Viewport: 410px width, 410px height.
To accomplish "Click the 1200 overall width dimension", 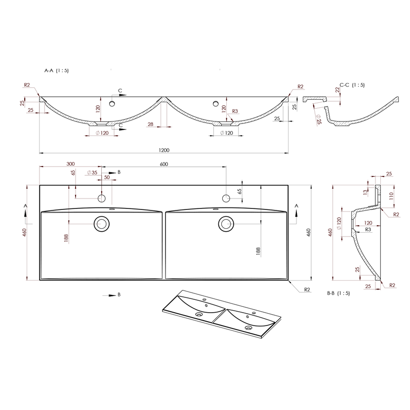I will click(x=164, y=150).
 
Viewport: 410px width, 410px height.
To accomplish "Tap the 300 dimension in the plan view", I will click(x=71, y=164).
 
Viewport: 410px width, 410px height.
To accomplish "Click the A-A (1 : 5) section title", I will click(x=57, y=71).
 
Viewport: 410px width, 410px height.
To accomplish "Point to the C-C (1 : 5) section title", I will click(x=352, y=85).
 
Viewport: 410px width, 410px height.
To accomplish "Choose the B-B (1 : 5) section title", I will click(x=338, y=293).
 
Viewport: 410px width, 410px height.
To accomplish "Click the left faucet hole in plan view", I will click(x=102, y=199).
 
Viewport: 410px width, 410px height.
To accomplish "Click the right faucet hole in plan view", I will click(x=226, y=199).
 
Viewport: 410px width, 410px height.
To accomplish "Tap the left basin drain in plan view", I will click(x=102, y=224).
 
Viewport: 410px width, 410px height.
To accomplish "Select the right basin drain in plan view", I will click(x=226, y=224).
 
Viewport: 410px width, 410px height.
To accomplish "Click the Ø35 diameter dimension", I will click(x=92, y=172).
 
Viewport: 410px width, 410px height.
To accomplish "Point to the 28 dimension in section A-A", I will click(x=151, y=124).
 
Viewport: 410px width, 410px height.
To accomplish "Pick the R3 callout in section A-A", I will click(x=235, y=112).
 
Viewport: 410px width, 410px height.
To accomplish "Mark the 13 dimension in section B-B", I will click(x=366, y=192).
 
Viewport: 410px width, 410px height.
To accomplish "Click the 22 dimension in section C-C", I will click(x=337, y=90).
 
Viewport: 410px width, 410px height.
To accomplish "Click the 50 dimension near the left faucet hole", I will click(x=107, y=176).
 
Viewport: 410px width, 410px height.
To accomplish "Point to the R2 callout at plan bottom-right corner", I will click(x=307, y=289).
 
